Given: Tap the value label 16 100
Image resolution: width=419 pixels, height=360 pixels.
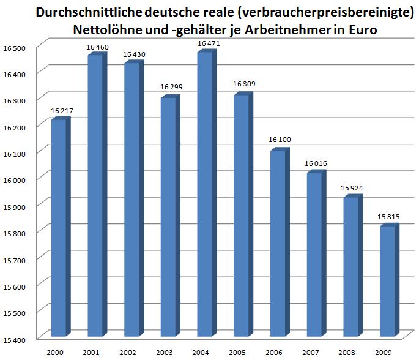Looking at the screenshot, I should coord(280,140).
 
